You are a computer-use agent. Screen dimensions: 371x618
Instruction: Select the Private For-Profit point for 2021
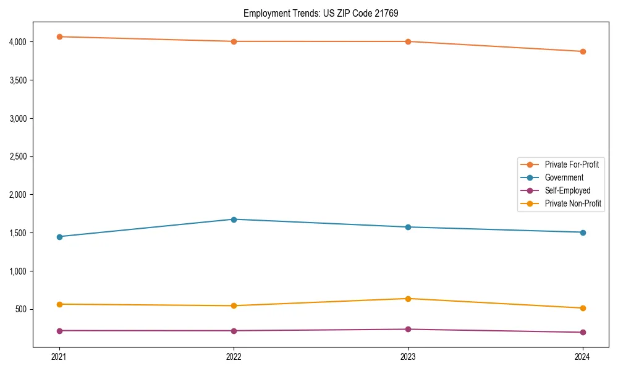59,36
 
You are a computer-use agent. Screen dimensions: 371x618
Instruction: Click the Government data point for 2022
234,220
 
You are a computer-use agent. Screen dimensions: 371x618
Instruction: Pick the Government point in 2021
59,237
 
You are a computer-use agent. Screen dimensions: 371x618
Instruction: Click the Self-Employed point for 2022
234,331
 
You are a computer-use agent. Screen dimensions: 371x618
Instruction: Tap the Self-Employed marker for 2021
59,331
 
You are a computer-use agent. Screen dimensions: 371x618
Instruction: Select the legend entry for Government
564,177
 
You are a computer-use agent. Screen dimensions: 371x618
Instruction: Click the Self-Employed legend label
567,190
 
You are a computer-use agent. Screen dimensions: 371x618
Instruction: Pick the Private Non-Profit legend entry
573,203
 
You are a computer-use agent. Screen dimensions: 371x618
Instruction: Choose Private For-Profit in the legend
572,164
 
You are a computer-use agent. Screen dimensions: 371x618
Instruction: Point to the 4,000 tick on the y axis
17,42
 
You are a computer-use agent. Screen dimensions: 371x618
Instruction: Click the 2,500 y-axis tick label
17,156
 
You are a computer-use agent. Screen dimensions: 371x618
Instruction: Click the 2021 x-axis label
59,356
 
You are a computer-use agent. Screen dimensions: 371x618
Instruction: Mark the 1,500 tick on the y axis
17,233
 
